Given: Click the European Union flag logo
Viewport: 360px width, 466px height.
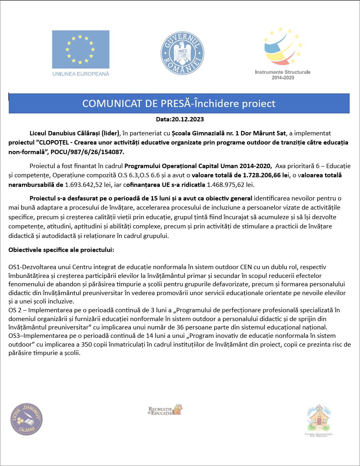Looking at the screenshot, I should tap(80, 49).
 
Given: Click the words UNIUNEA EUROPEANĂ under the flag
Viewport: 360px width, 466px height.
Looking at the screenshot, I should tap(80, 74).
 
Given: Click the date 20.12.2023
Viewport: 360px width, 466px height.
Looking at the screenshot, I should tap(187, 119).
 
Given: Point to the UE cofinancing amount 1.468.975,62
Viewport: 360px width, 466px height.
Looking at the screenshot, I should tap(229, 185).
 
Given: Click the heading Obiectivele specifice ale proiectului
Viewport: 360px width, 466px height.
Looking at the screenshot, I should tap(61, 250).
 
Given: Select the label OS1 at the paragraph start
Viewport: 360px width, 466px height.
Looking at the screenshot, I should tap(14, 266).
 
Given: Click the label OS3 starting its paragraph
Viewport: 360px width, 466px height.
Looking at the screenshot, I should tap(14, 335).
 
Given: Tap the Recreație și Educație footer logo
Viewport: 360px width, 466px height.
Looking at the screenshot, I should tap(165, 410).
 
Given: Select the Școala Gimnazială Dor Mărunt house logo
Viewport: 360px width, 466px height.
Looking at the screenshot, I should tap(318, 420).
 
